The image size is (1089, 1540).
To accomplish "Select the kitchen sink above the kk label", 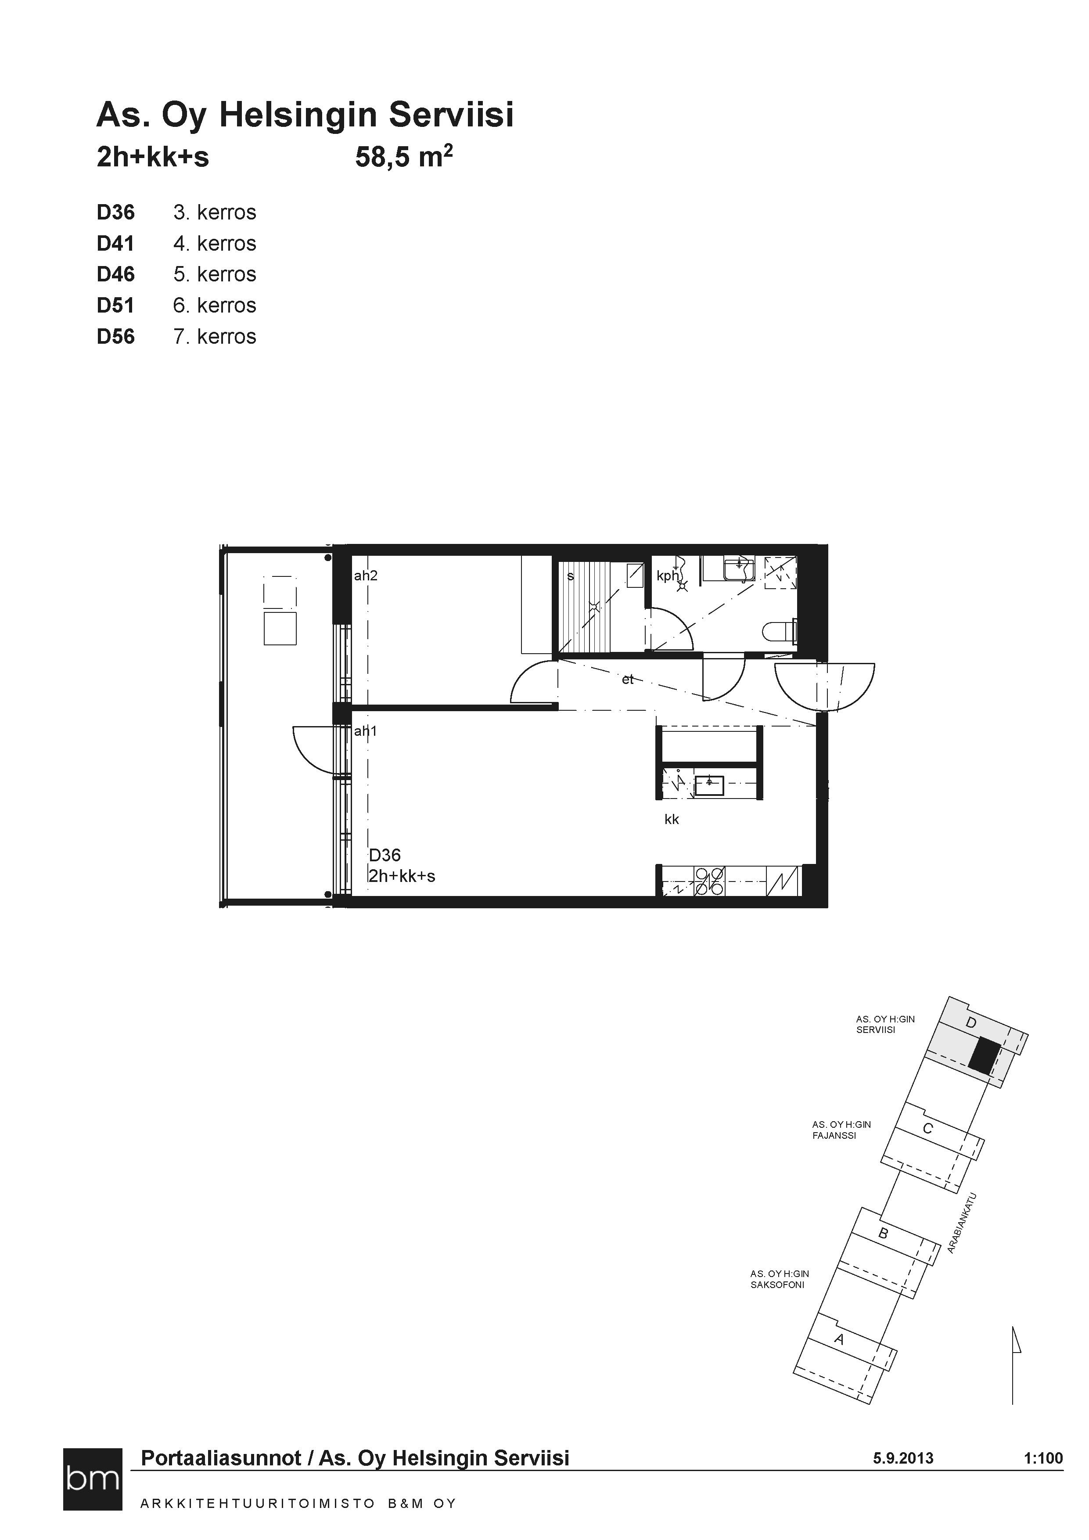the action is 709,785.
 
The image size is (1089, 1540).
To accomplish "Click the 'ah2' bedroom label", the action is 366,576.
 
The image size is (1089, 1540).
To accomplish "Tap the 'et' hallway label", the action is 628,680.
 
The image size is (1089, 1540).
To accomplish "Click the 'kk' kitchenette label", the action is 672,819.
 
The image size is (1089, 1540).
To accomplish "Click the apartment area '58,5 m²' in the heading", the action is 404,158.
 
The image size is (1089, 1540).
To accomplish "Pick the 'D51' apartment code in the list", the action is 116,305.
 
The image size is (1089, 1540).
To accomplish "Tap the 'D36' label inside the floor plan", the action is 385,855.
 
